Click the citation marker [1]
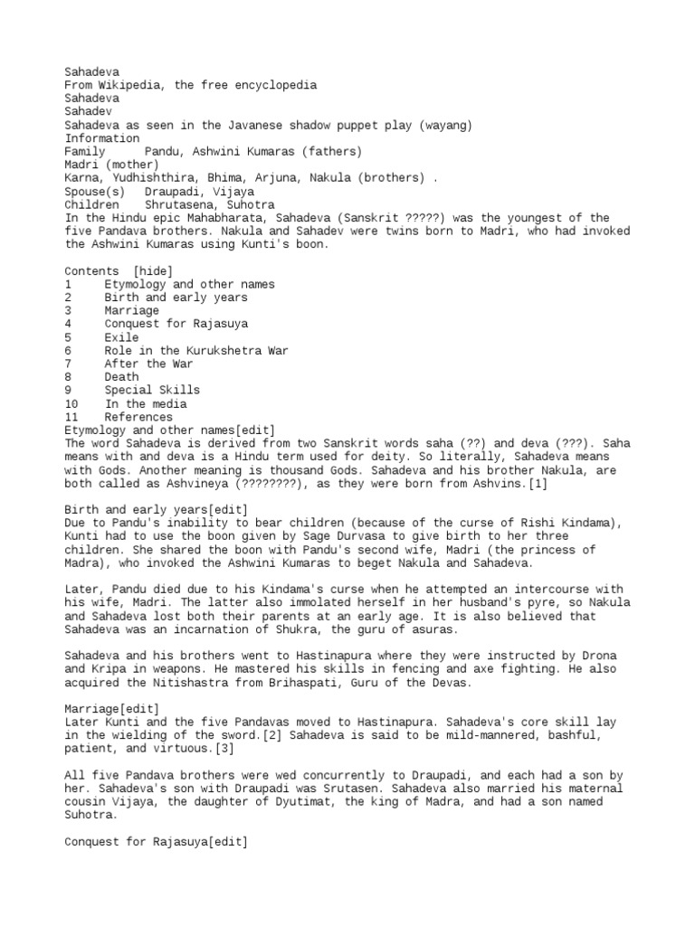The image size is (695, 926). (538, 484)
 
